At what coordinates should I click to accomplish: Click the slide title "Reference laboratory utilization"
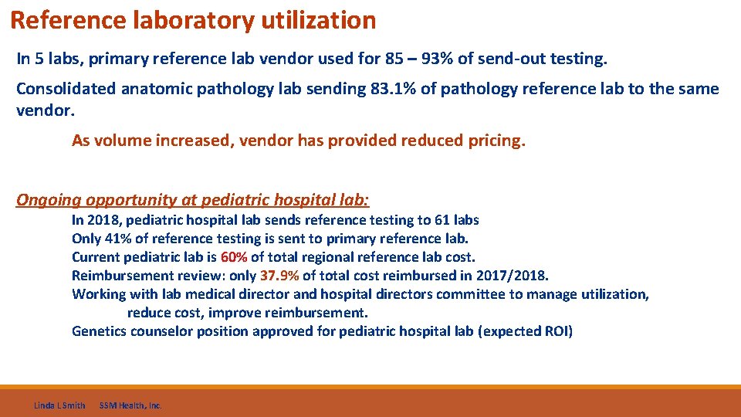click(x=193, y=20)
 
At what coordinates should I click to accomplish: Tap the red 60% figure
click(x=234, y=257)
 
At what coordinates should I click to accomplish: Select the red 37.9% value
click(x=279, y=276)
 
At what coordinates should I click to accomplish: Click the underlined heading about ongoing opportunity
click(x=193, y=200)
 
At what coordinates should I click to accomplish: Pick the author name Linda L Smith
click(x=59, y=405)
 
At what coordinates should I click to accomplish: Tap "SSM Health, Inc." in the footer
click(x=130, y=405)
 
